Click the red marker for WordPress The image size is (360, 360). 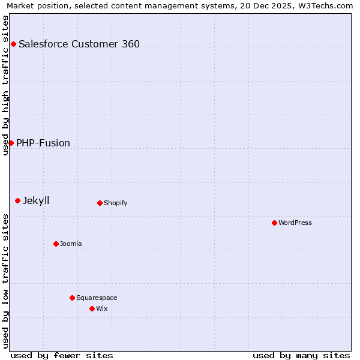point(274,223)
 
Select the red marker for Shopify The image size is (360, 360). point(100,203)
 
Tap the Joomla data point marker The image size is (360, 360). point(56,244)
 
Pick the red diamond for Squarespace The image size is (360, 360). point(72,298)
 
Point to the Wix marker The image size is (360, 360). point(92,308)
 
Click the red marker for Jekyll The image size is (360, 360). point(17,200)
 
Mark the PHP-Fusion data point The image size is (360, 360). point(11,143)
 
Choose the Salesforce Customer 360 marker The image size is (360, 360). point(13,44)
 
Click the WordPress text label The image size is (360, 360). point(295,223)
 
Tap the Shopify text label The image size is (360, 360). point(116,203)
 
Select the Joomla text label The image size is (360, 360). point(71,244)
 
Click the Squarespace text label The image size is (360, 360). point(97,298)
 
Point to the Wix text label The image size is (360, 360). point(102,308)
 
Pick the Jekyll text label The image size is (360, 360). point(36,200)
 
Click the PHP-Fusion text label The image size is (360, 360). point(43,143)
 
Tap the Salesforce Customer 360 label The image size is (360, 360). point(79,44)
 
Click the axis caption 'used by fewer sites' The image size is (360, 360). point(62,355)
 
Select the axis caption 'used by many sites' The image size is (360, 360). point(301,355)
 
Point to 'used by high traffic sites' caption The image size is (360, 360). point(5,85)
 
